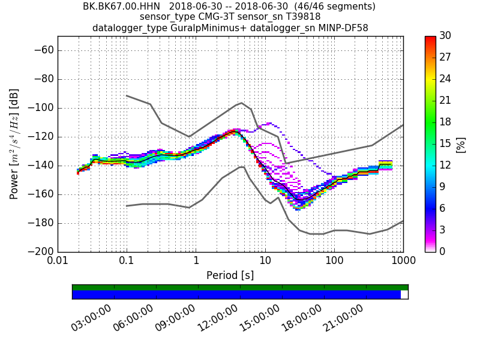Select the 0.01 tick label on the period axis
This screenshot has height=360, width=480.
(58, 262)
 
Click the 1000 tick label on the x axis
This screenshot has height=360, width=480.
(403, 262)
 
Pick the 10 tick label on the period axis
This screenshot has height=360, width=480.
(265, 262)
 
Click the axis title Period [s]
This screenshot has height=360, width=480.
(230, 275)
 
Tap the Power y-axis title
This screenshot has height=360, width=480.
(15, 144)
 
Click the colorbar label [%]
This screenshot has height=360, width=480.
(461, 144)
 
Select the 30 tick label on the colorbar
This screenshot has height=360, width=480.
(446, 36)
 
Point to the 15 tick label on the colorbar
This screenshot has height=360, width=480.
(446, 144)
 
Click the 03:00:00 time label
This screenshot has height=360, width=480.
(92, 317)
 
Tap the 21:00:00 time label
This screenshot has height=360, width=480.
(344, 317)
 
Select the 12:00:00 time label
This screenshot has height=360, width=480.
(218, 317)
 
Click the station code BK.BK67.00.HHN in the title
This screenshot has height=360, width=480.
(122, 7)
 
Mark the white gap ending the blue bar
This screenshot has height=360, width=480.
(404, 295)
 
